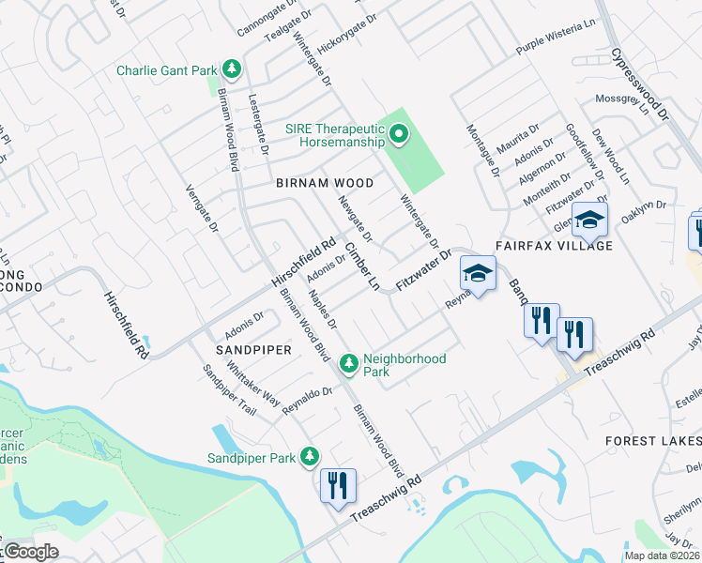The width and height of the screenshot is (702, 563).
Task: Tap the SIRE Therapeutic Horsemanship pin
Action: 399,135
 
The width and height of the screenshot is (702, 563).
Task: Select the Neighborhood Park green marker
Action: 349,361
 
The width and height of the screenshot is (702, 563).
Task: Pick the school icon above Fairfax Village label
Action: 591,221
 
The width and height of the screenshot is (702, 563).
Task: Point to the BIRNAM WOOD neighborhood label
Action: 325,183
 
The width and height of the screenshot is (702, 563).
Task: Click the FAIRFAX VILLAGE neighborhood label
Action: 561,246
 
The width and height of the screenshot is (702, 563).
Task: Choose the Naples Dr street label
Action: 322,311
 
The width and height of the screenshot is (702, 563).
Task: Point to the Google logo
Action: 31,552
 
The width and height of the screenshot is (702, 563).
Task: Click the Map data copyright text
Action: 661,555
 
